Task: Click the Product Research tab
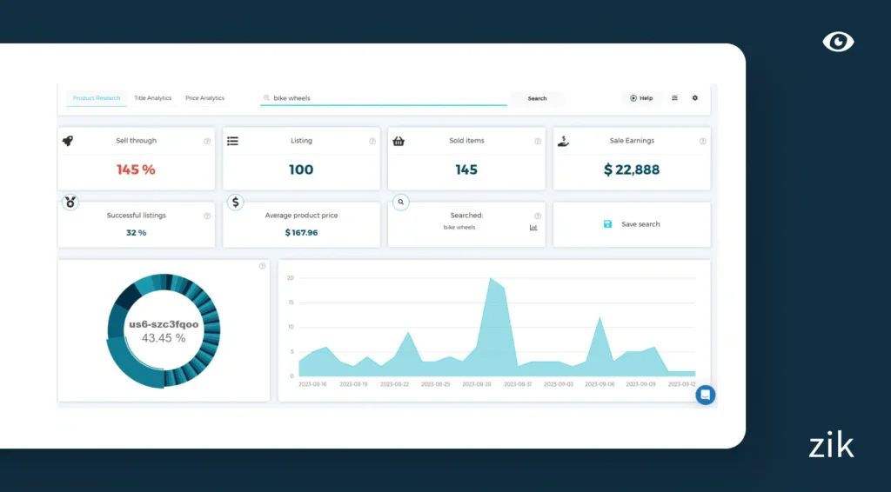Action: (97, 98)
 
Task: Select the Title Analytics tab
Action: (153, 98)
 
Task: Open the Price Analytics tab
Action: (204, 98)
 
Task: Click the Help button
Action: (641, 98)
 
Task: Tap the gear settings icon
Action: (695, 98)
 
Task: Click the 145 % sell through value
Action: (136, 170)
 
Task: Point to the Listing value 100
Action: (301, 170)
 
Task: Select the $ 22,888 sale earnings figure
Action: (632, 170)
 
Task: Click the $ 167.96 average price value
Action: (301, 233)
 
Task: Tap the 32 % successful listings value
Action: (136, 233)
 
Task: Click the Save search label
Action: (640, 224)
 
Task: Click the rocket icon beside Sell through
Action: (68, 141)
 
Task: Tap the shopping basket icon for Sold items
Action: (399, 141)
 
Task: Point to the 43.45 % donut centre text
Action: (164, 338)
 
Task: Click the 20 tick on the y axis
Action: (291, 278)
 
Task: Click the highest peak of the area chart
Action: (492, 278)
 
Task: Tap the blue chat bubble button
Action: (706, 395)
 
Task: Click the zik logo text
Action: (831, 446)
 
